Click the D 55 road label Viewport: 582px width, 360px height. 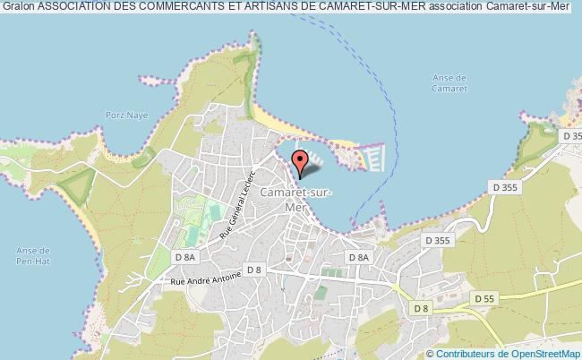485,298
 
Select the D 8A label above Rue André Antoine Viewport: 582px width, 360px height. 185,258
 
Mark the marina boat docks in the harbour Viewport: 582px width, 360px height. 373,159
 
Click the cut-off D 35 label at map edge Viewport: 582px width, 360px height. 570,135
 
